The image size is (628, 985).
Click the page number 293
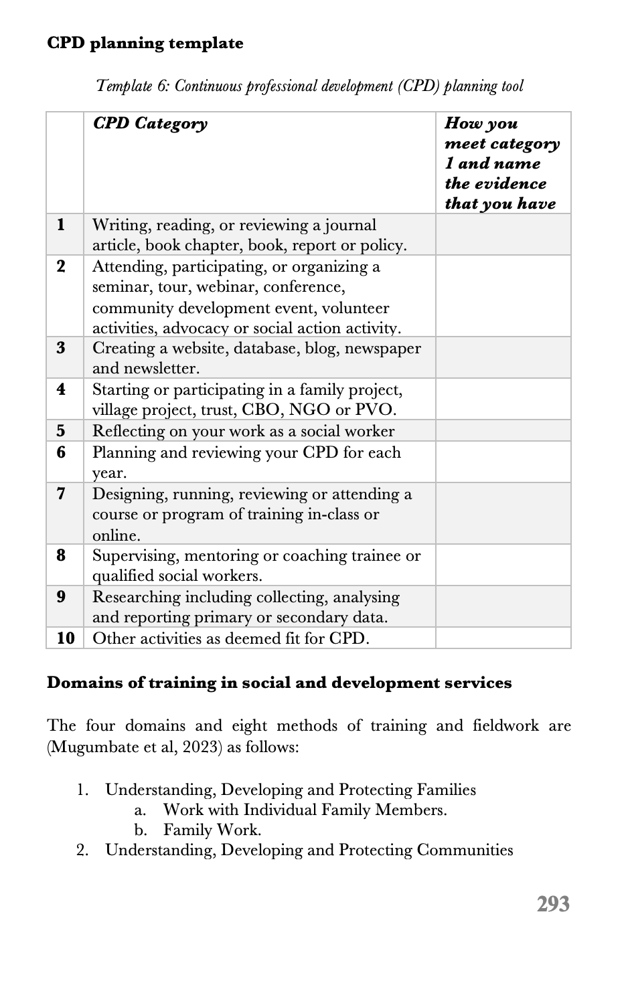[x=552, y=904]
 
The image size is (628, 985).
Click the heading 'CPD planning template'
[x=145, y=43]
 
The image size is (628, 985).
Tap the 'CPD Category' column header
[x=150, y=124]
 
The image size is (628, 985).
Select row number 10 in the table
[x=65, y=638]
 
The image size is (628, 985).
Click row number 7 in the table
[x=62, y=494]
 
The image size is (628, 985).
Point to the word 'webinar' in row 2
[x=226, y=287]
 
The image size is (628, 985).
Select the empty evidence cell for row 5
[x=503, y=431]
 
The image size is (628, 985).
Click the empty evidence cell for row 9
[x=503, y=607]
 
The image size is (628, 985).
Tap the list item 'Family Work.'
[x=212, y=830]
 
